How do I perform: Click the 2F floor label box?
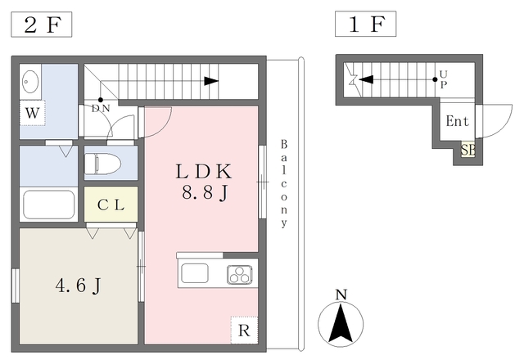tap(42, 25)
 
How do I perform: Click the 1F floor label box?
tap(365, 25)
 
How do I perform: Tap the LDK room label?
tap(204, 172)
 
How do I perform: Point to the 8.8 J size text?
tap(204, 194)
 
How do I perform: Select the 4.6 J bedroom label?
tap(78, 286)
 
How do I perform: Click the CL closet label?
tap(111, 205)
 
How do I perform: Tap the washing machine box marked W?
tap(32, 112)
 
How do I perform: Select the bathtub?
tap(49, 205)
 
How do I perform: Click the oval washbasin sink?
tap(32, 82)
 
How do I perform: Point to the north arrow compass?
tap(341, 318)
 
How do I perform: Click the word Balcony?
tap(284, 182)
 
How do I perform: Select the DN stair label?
tap(101, 108)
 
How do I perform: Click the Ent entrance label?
tap(457, 122)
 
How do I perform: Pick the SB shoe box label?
tap(468, 150)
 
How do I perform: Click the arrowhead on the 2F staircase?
tap(211, 80)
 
